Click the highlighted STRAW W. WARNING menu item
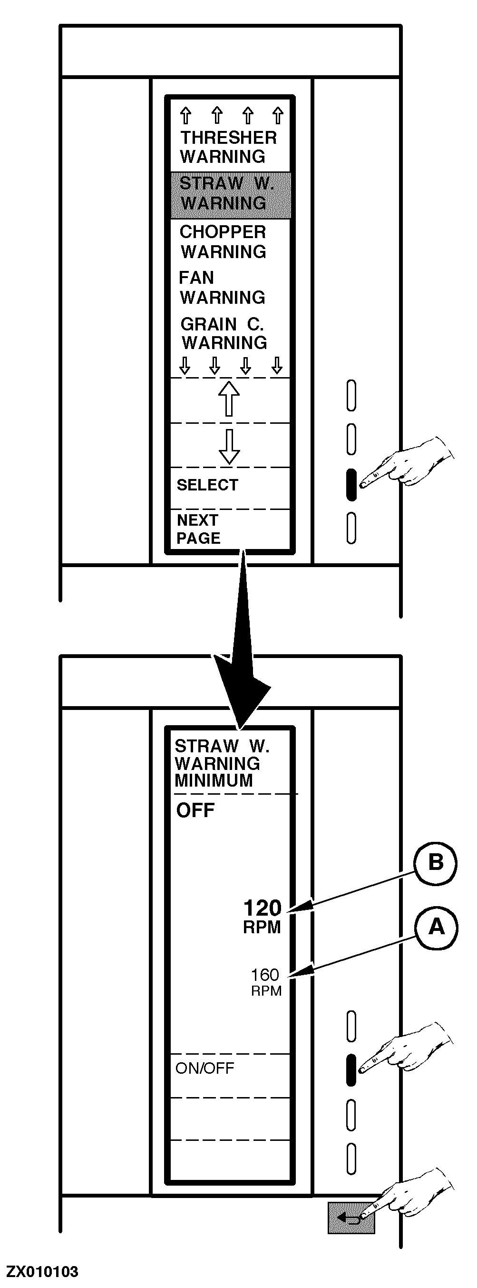230,194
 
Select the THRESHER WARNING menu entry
228,147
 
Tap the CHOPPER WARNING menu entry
223,242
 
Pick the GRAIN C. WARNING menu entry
223,333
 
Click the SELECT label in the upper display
207,485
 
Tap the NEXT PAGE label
198,529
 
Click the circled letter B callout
436,862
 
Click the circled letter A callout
437,927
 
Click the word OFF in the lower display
195,810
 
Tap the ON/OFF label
205,1068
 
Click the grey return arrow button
351,1218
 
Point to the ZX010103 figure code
42,1271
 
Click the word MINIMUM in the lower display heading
214,780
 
